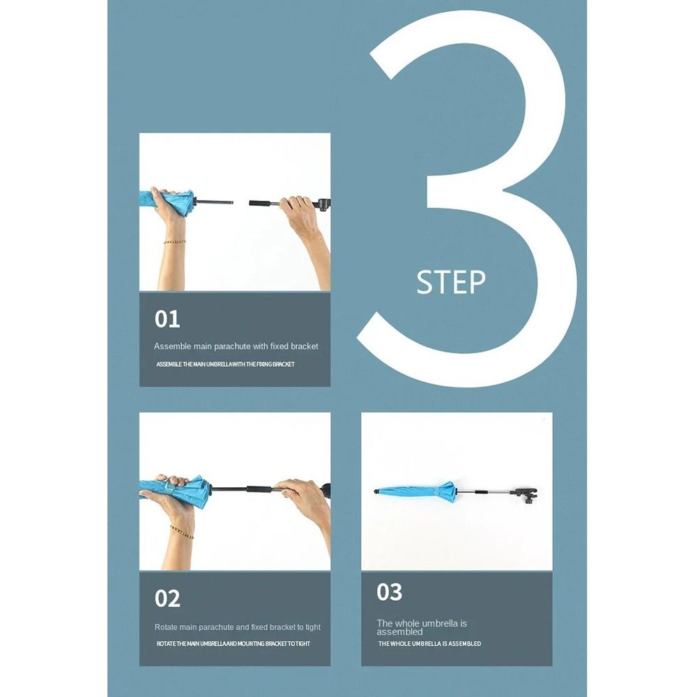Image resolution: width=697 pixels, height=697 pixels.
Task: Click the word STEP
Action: (x=451, y=282)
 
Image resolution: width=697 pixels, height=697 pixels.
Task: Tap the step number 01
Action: (x=167, y=319)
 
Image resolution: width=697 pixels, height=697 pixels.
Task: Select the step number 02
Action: (x=167, y=598)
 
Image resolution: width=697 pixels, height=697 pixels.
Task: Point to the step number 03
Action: (x=389, y=592)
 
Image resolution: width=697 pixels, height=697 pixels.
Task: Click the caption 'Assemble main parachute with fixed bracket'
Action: (x=236, y=346)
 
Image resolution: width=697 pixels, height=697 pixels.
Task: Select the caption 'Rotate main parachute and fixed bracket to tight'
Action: (x=238, y=627)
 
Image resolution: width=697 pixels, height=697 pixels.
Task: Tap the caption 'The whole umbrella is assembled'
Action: (x=422, y=627)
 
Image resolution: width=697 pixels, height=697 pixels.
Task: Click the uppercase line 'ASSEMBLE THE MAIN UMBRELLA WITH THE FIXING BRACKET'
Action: (x=225, y=364)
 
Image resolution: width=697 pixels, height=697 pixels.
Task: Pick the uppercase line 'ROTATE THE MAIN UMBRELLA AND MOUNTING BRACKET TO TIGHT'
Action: (x=233, y=643)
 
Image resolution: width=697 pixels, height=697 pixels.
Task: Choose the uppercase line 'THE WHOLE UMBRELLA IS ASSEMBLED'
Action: (x=429, y=643)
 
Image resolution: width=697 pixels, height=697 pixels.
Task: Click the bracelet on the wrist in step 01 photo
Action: (x=175, y=242)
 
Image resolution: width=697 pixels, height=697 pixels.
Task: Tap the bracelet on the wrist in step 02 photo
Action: (x=182, y=532)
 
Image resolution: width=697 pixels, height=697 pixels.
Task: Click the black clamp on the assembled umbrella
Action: (x=525, y=495)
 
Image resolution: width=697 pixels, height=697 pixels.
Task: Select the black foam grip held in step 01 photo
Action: (x=264, y=203)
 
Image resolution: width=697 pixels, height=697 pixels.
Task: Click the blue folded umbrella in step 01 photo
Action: (x=167, y=202)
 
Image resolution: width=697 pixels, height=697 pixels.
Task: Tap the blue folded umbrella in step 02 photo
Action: (x=175, y=491)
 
